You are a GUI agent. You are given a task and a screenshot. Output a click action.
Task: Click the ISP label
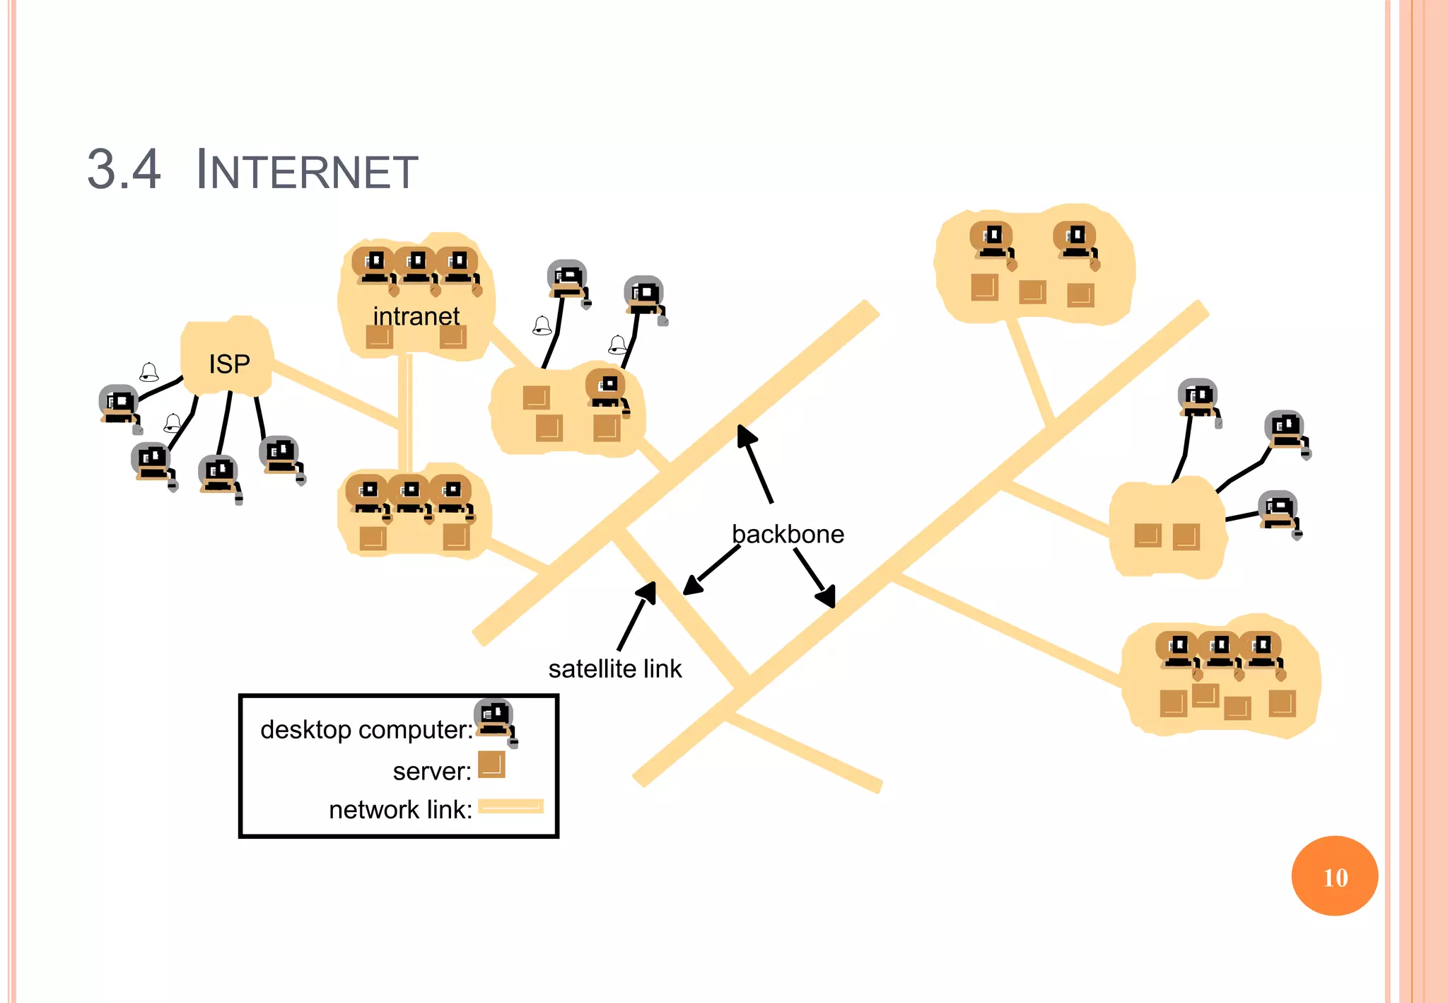click(229, 364)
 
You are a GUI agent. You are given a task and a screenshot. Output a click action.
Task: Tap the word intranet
click(416, 316)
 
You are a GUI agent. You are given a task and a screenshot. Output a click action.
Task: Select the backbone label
click(788, 534)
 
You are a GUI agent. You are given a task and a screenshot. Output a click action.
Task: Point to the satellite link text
click(615, 668)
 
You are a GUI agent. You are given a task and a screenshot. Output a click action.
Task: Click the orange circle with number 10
click(1334, 876)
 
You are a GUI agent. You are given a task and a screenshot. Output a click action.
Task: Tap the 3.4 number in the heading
click(124, 170)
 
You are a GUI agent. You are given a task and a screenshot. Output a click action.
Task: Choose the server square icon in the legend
click(491, 765)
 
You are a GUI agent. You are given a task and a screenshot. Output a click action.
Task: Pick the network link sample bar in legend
click(510, 806)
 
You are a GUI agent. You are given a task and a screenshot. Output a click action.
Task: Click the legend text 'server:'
click(432, 771)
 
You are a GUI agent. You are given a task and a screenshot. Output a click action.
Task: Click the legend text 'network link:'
click(400, 810)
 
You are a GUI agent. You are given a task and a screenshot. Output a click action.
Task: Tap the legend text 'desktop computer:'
click(366, 729)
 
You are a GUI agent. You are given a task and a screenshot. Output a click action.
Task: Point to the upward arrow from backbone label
click(754, 463)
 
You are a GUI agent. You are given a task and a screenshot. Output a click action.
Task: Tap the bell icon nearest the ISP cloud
click(148, 372)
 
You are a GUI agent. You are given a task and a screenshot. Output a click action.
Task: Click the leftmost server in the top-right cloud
click(984, 287)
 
